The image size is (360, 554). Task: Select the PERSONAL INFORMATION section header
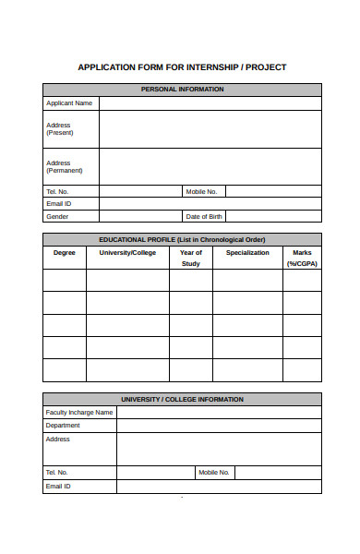coord(182,90)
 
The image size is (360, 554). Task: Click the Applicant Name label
coord(69,103)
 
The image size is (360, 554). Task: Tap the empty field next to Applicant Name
coord(210,103)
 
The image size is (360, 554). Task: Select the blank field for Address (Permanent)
coord(210,166)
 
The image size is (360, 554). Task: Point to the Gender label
coord(57,217)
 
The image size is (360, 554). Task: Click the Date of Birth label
coord(204,217)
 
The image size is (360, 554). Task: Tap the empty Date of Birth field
coord(273,217)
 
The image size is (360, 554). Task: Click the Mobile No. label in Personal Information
coord(201,192)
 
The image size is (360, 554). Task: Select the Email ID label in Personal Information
coord(59,204)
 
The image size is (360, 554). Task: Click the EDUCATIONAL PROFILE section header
coord(182,239)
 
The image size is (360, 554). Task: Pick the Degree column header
coord(65,252)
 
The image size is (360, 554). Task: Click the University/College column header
coord(127,252)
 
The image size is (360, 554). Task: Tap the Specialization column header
coord(247,252)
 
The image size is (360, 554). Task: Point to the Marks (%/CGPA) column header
coord(302,258)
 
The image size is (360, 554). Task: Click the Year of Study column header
coord(190,258)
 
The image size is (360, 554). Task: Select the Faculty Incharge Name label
coord(79,413)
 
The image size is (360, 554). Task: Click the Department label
coord(63,426)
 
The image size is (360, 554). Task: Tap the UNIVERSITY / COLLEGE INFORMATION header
coord(182,400)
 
